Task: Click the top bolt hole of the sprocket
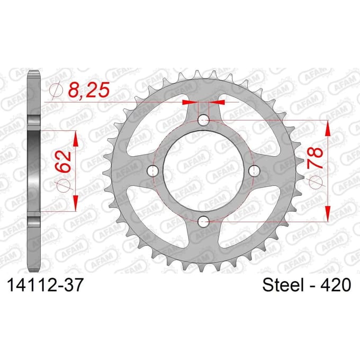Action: click(x=203, y=120)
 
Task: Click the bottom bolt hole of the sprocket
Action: click(x=203, y=221)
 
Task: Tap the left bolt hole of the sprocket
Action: click(x=152, y=170)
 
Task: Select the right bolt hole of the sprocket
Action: click(x=254, y=170)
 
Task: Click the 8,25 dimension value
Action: click(x=88, y=90)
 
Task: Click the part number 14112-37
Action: click(x=45, y=285)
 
